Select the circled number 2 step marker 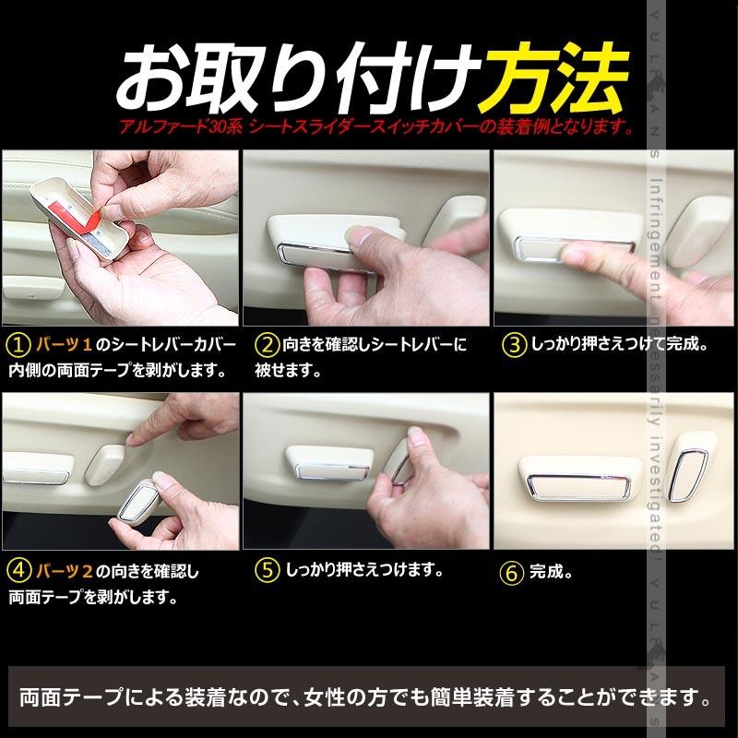[267, 346]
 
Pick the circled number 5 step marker [267, 570]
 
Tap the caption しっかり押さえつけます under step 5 [364, 570]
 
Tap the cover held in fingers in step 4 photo [143, 499]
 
